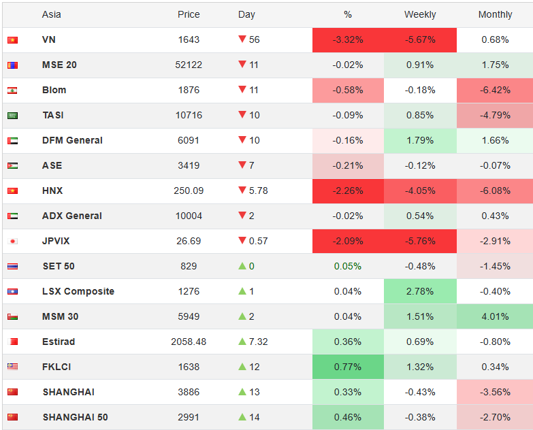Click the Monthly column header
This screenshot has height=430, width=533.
[495, 14]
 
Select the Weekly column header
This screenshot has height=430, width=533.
[420, 14]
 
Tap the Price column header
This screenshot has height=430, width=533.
[189, 14]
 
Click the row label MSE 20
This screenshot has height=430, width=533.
[59, 65]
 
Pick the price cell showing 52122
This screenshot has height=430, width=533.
[189, 65]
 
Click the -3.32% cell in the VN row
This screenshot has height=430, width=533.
[348, 39]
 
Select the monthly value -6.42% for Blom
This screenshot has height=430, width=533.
[495, 90]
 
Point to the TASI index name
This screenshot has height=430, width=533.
[53, 115]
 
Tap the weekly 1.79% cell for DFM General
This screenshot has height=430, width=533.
[420, 140]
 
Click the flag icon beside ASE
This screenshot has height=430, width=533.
[12, 166]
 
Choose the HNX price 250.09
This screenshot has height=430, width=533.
[189, 191]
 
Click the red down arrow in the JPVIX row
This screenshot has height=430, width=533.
[242, 240]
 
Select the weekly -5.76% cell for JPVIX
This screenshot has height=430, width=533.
[420, 241]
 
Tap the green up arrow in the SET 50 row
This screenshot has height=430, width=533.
[242, 265]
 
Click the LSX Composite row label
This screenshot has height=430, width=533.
[78, 291]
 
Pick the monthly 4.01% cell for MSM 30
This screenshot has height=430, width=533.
[495, 316]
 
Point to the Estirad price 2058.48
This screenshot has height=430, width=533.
[189, 342]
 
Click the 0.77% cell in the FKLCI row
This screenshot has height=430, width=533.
[348, 367]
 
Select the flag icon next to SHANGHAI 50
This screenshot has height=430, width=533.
[12, 417]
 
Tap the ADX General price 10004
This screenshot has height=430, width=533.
[189, 216]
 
